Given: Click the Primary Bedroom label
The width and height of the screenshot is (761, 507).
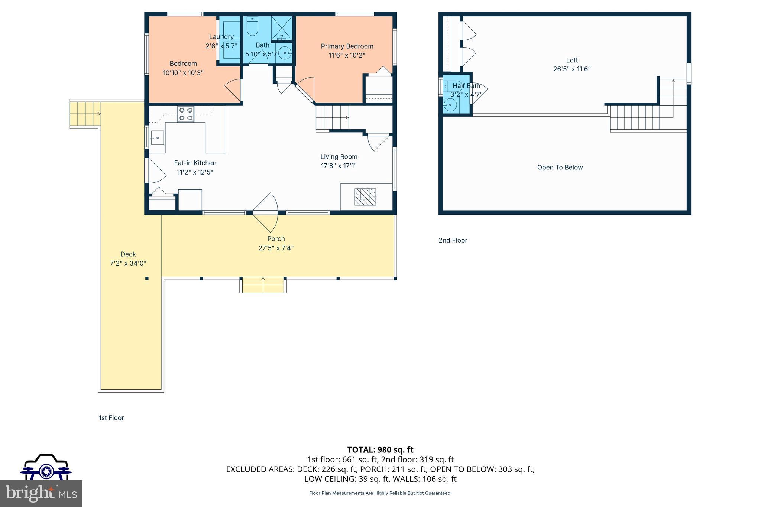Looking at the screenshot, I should [347, 46].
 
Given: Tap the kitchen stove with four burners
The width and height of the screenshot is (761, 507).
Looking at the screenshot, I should [185, 114].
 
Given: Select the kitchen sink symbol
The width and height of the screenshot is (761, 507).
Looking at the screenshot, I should [157, 138].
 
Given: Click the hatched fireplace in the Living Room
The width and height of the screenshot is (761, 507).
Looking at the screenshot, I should [365, 197].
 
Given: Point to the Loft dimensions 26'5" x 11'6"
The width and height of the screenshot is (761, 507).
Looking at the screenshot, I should [571, 69].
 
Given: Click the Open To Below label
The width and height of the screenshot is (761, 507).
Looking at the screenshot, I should [560, 168].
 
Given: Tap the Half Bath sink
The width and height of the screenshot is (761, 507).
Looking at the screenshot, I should [450, 105].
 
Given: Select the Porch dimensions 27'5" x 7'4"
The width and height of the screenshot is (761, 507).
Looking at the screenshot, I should [276, 248].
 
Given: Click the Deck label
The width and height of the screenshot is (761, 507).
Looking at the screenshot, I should [128, 254].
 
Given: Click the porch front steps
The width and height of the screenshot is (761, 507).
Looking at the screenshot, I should [263, 285].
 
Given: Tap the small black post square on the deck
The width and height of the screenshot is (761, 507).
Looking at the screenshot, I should [147, 278].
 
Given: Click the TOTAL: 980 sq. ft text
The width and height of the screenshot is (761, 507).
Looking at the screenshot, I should [380, 450].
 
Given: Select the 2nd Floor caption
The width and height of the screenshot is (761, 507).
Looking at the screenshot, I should [453, 240].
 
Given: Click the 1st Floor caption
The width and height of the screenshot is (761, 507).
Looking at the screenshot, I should [111, 418].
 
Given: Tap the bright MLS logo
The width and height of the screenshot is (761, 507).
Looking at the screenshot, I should [41, 493].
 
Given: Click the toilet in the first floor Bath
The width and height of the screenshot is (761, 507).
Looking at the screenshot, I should [252, 27].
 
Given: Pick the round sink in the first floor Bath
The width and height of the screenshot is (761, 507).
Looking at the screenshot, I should [284, 53].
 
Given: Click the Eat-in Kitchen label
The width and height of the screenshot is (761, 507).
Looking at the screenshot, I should [195, 163].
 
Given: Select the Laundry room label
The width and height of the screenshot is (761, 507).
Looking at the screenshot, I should [221, 37].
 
